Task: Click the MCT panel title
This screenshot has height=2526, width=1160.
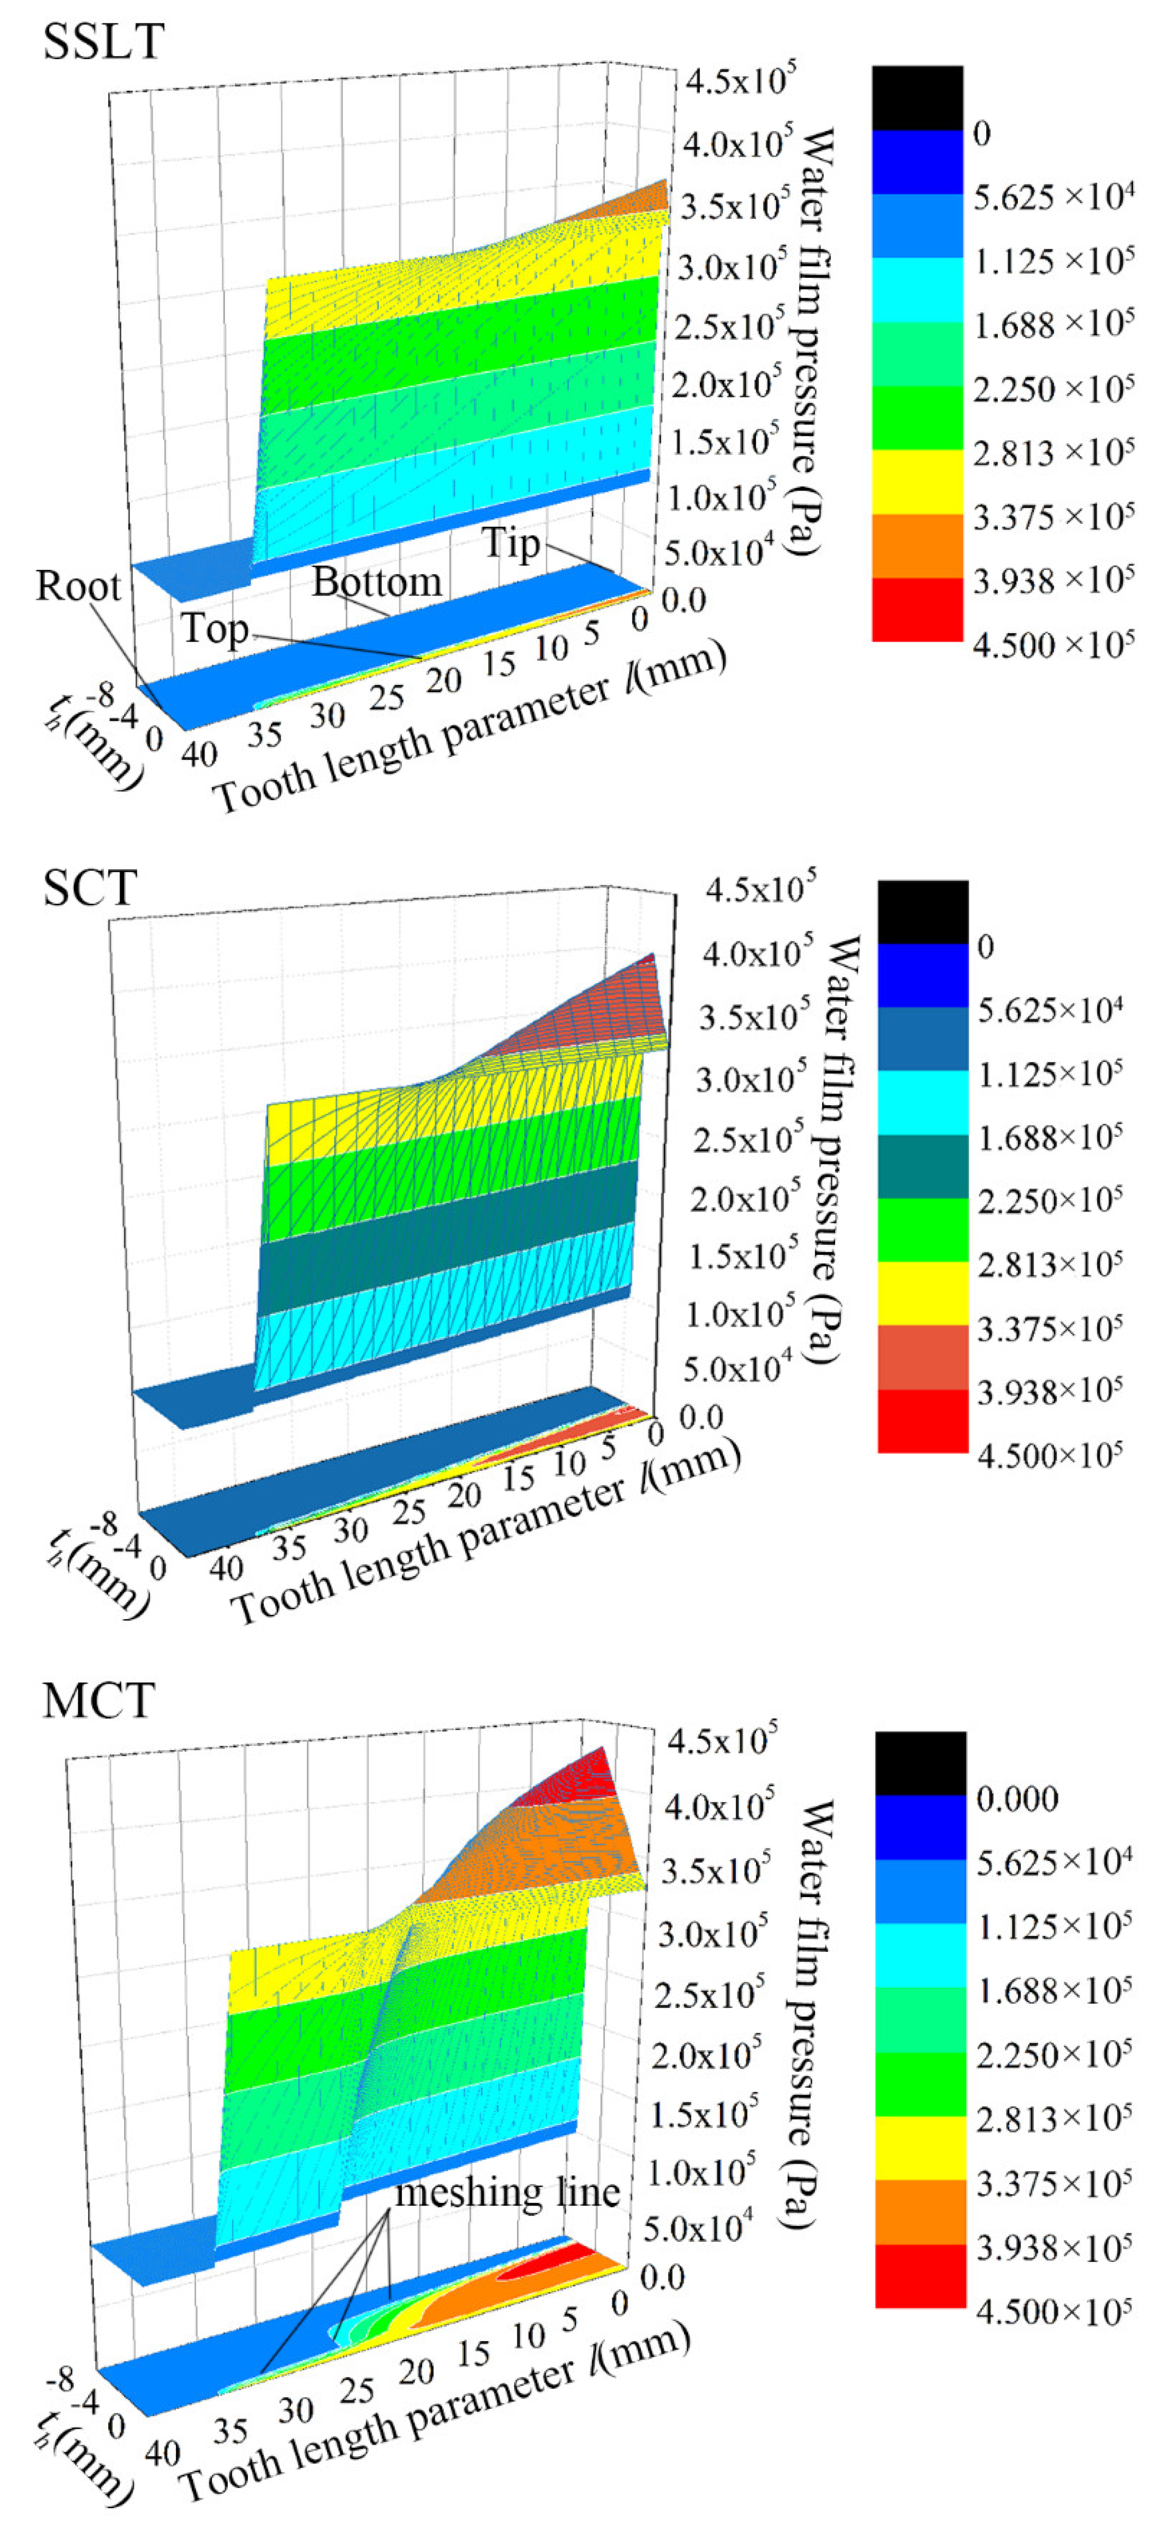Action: [x=98, y=1701]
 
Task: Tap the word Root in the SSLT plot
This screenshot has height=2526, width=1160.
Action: [x=79, y=586]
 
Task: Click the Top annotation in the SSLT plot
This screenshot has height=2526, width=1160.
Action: [x=215, y=628]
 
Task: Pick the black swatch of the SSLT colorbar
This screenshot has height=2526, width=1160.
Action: [x=917, y=98]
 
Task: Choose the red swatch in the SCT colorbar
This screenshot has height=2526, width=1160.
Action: [x=922, y=1420]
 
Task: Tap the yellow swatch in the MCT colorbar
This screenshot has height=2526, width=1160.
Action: [x=920, y=2147]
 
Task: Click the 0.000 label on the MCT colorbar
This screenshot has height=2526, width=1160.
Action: [x=1017, y=1798]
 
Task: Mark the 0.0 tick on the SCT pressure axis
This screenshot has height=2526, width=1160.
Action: [x=700, y=1417]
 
